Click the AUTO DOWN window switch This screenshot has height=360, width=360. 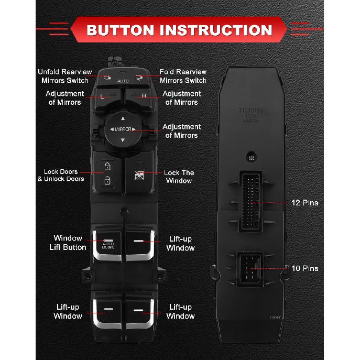[x=108, y=244]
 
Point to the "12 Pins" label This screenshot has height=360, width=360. [x=305, y=202]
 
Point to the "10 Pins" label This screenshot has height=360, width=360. [x=305, y=268]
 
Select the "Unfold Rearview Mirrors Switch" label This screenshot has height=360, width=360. [x=65, y=76]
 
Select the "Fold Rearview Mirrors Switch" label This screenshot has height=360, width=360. [x=183, y=76]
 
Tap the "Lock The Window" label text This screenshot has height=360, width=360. [x=179, y=177]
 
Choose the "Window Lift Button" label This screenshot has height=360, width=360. [x=70, y=243]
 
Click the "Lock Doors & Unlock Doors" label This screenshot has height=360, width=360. [x=61, y=175]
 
